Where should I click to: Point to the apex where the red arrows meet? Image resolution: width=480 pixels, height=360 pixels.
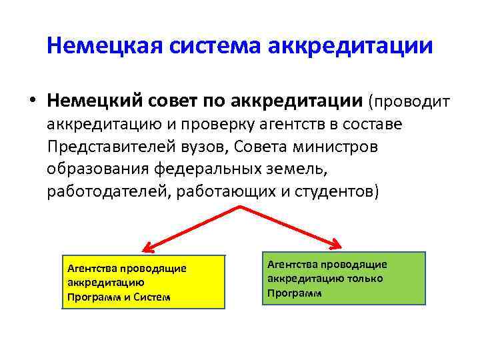239,208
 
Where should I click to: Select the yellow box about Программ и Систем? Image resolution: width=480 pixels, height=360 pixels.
143,282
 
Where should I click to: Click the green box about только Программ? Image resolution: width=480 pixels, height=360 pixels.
343,278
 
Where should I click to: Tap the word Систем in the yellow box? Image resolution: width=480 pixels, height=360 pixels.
153,297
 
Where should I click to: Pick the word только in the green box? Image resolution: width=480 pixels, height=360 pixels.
364,279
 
